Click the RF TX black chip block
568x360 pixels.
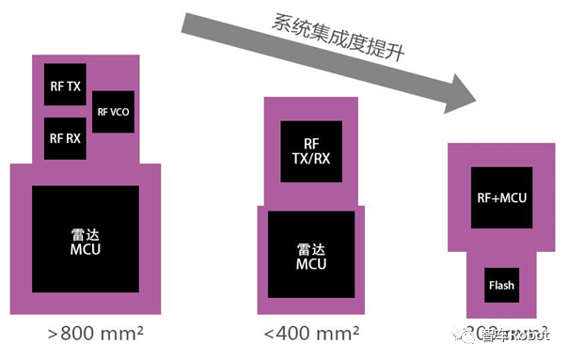(x=66, y=92)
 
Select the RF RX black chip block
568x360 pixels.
(x=66, y=138)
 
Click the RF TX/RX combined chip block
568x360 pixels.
(x=311, y=151)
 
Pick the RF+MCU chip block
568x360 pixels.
(x=498, y=198)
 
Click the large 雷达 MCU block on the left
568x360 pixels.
(x=86, y=243)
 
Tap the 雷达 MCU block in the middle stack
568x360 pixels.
(x=311, y=257)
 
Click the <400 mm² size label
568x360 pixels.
(x=311, y=334)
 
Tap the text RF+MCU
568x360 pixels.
(x=498, y=198)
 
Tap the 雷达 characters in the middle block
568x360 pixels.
(x=311, y=249)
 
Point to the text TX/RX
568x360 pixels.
(x=311, y=159)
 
